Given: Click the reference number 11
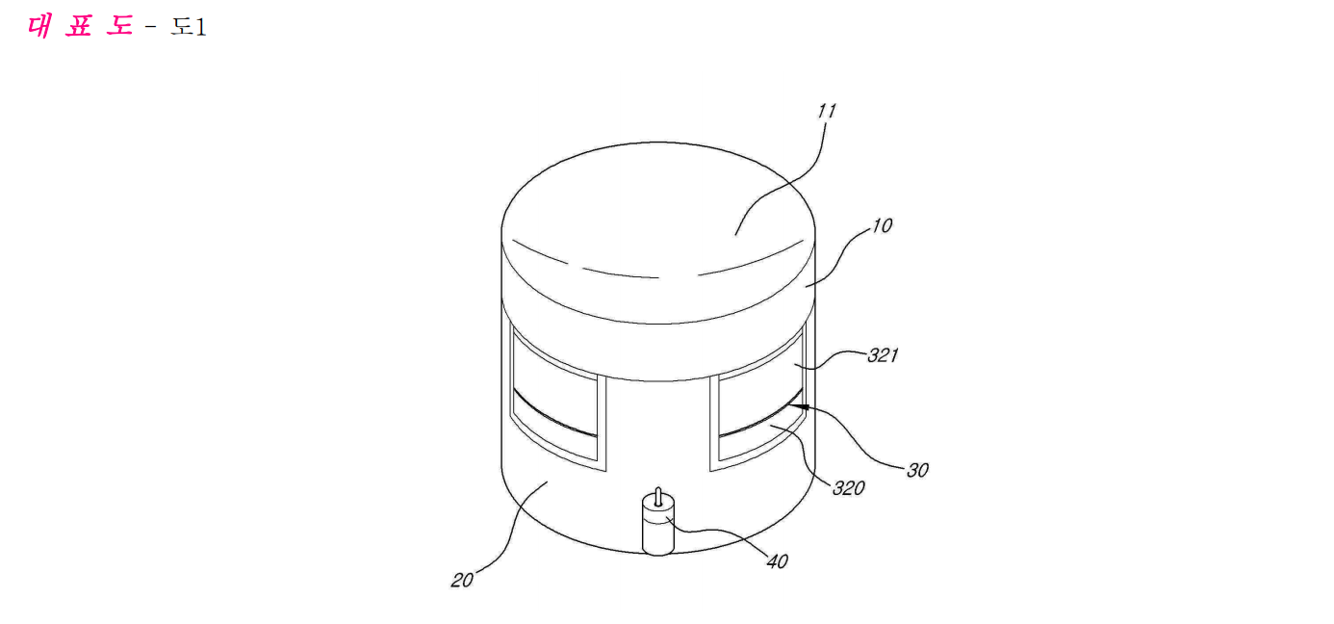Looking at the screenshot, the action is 827,111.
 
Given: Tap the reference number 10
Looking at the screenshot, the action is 882,226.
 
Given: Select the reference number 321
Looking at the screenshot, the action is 883,355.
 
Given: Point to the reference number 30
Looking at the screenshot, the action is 917,470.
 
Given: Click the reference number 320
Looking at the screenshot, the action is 849,489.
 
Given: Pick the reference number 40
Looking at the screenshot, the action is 777,561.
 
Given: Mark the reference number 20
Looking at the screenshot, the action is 462,580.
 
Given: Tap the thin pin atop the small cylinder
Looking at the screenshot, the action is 658,497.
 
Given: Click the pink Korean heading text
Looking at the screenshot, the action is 81,26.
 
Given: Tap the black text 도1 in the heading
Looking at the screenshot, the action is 189,27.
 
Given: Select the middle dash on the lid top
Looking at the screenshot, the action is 621,273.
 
